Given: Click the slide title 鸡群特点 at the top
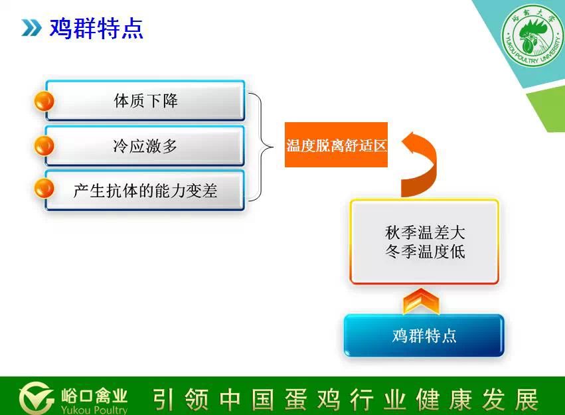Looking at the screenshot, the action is tap(96, 28).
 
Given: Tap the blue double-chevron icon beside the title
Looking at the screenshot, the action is tap(31, 28).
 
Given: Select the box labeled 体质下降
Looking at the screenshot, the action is tap(145, 100).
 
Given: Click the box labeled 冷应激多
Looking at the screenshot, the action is tap(145, 146).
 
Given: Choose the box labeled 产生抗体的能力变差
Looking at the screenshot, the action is tap(145, 191).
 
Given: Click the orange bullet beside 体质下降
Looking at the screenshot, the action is tap(44, 101).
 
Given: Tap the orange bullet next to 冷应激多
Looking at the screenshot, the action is tap(44, 146).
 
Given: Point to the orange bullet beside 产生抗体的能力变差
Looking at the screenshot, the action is tap(44, 189).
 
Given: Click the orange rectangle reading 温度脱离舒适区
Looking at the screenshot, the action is tap(336, 145).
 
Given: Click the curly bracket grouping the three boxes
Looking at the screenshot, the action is tap(260, 147).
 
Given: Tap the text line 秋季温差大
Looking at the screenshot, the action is tap(425, 232).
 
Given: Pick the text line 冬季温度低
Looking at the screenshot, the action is tap(425, 251).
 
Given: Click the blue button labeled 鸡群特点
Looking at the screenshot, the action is tap(424, 335).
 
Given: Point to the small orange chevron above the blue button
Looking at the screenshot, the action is tap(421, 301).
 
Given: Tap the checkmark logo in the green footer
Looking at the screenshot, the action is tap(36, 398).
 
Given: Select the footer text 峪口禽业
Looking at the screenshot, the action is tap(94, 396).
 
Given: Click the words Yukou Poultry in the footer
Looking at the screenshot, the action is tap(94, 410).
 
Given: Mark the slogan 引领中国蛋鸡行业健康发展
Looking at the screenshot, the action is tap(345, 400).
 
